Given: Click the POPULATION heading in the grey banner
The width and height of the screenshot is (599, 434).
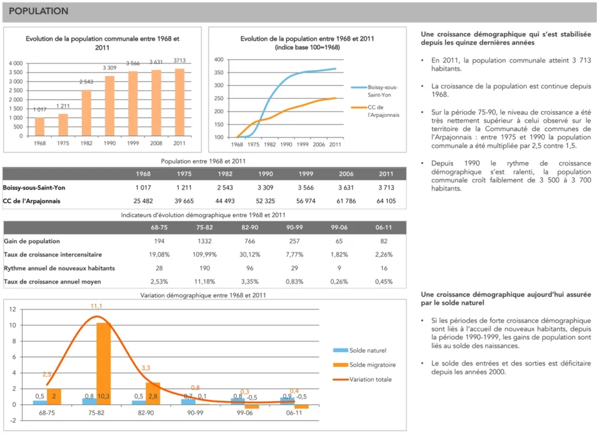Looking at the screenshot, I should pos(39,11).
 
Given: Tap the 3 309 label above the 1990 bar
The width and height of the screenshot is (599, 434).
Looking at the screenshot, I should pos(109,68).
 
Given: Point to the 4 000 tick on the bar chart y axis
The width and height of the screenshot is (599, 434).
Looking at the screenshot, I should pos(16,63).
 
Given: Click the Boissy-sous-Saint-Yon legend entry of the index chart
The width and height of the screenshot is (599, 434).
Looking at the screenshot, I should pos(383,91).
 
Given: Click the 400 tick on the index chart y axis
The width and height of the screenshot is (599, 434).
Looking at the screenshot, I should pos(219,60).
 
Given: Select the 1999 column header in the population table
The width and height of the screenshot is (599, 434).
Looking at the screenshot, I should pos(305,174).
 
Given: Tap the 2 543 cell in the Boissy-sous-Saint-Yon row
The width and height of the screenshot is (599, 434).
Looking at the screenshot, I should pos(225,187).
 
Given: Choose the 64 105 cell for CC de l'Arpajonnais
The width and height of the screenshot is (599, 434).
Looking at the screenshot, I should pos(386,201).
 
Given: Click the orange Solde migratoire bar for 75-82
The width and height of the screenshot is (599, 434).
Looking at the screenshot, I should pos(104,363).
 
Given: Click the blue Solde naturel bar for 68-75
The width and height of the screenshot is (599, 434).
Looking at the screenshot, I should pos(40,402).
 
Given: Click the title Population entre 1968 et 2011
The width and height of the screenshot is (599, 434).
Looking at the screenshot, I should pos(203,161).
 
